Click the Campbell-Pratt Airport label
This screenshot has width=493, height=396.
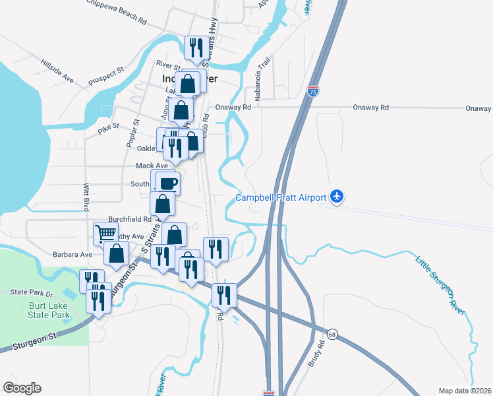click(281, 197)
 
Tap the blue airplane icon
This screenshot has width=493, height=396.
click(337, 196)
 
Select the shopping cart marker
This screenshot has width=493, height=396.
click(105, 233)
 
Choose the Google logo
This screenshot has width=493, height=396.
click(22, 388)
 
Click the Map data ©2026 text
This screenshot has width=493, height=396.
click(465, 391)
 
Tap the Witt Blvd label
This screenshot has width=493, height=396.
click(86, 197)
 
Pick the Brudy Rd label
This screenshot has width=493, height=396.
click(322, 353)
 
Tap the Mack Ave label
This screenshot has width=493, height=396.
click(152, 166)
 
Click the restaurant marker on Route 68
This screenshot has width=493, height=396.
click(225, 295)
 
